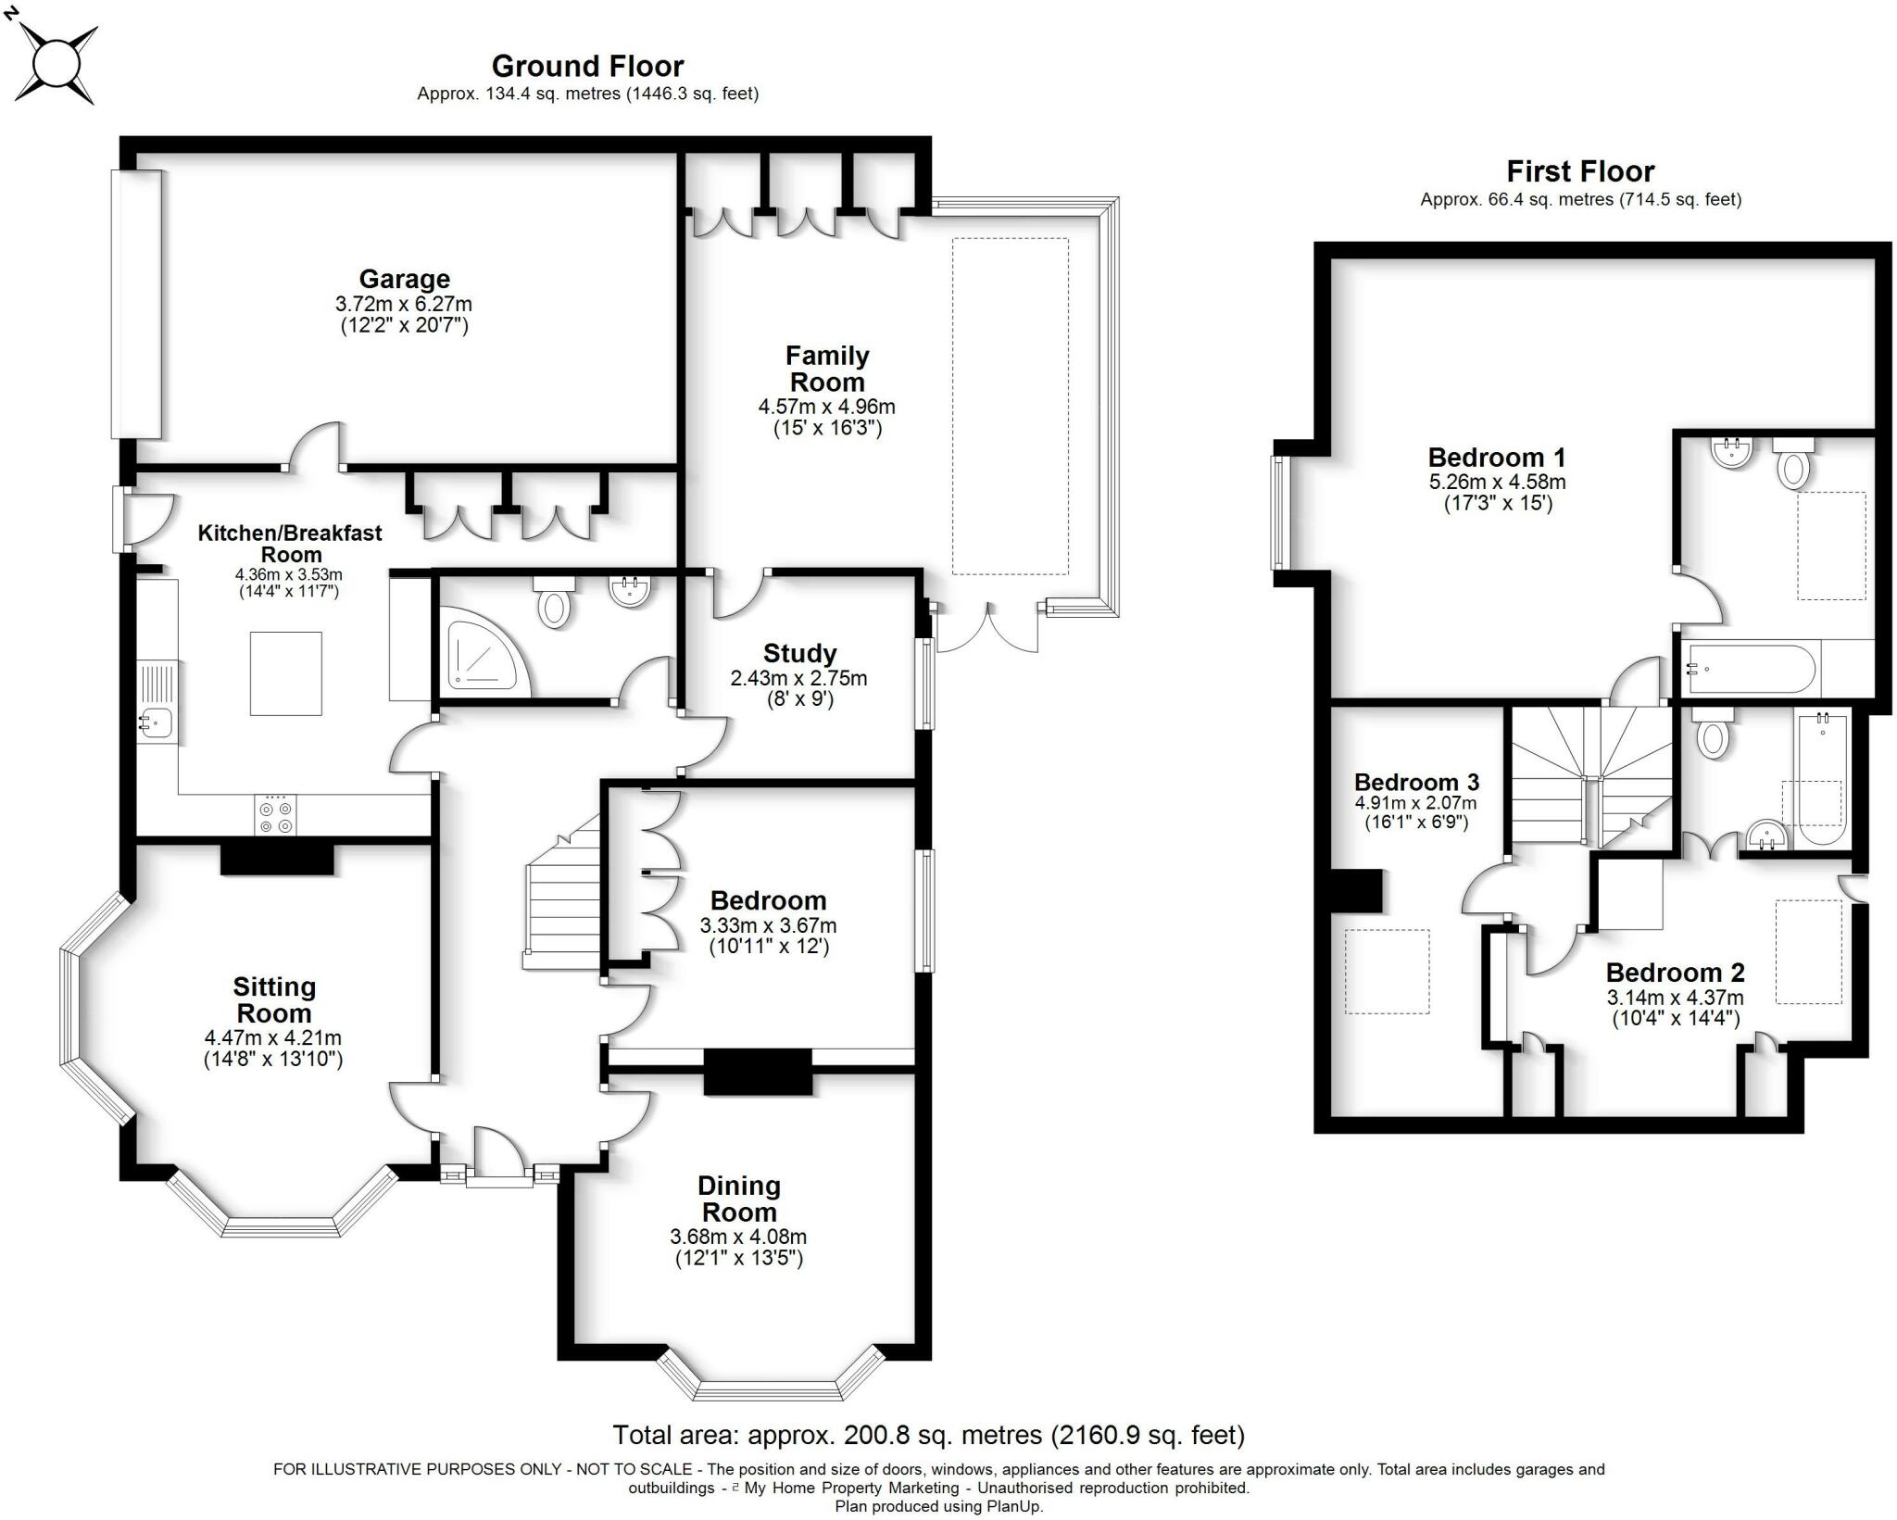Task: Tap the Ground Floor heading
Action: point(587,66)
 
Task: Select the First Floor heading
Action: point(1580,171)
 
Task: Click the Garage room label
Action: point(405,279)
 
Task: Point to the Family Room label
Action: point(827,369)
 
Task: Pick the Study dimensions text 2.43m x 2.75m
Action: point(798,678)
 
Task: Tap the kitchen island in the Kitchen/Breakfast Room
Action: point(286,673)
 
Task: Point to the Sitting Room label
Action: point(274,999)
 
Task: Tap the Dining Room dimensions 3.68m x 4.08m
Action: point(738,1237)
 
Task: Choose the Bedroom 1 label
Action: point(1497,458)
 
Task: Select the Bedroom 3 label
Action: point(1416,782)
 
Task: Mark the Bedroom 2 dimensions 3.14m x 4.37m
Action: point(1675,998)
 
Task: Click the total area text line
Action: point(928,1435)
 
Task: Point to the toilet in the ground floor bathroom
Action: point(554,601)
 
